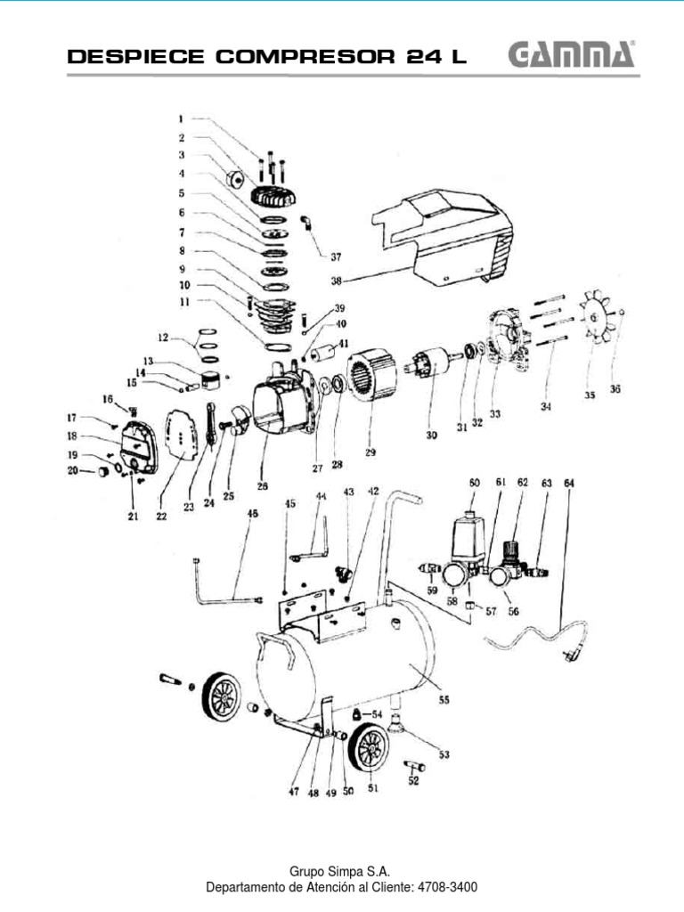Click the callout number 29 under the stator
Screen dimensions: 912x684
click(x=370, y=452)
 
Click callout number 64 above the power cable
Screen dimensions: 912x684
click(x=569, y=484)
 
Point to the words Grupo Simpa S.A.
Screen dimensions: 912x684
click(x=341, y=871)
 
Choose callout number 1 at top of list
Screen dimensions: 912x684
click(x=180, y=118)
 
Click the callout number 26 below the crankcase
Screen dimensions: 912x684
click(x=262, y=487)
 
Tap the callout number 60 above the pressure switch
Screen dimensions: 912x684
click(x=474, y=483)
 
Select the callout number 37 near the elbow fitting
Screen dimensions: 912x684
click(x=336, y=257)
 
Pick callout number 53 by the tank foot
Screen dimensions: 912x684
click(x=444, y=754)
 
